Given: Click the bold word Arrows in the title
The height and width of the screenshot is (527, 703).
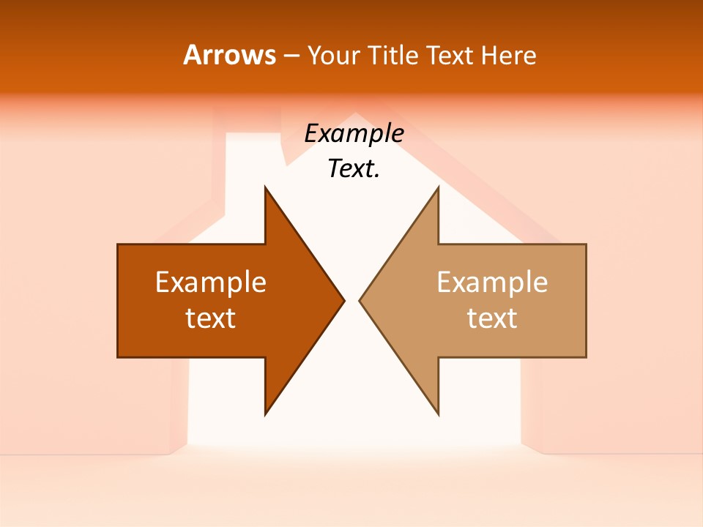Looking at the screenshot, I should pyautogui.click(x=229, y=55).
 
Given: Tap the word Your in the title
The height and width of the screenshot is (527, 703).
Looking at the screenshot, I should pyautogui.click(x=334, y=56).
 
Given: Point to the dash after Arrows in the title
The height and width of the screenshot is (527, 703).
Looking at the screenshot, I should pyautogui.click(x=290, y=56).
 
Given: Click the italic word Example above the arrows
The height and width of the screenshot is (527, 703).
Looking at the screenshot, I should pyautogui.click(x=354, y=134).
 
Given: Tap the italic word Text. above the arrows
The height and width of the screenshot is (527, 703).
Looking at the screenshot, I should pyautogui.click(x=354, y=168).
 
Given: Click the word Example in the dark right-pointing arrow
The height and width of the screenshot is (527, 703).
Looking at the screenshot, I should pyautogui.click(x=211, y=282).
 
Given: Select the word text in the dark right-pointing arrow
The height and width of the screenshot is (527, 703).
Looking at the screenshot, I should pyautogui.click(x=211, y=318).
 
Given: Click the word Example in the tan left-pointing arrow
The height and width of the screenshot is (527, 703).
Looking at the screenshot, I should pyautogui.click(x=492, y=282).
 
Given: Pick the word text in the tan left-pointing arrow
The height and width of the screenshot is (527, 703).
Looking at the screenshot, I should pyautogui.click(x=492, y=318).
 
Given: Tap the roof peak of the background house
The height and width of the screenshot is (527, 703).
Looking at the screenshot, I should pyautogui.click(x=355, y=115).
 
